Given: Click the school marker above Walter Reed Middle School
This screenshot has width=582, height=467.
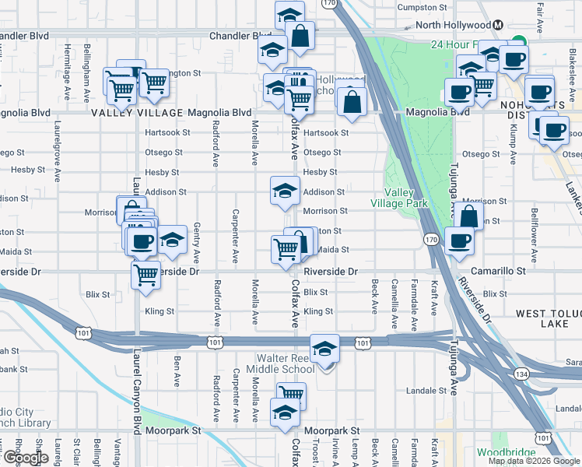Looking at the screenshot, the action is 325,349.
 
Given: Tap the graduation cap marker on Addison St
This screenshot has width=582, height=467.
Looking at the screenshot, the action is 285,191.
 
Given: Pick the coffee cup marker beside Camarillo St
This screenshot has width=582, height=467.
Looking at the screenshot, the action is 460,241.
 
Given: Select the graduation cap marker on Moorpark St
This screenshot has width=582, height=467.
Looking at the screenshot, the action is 285,413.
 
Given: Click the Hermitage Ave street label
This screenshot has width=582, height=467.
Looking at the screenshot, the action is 67,64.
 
